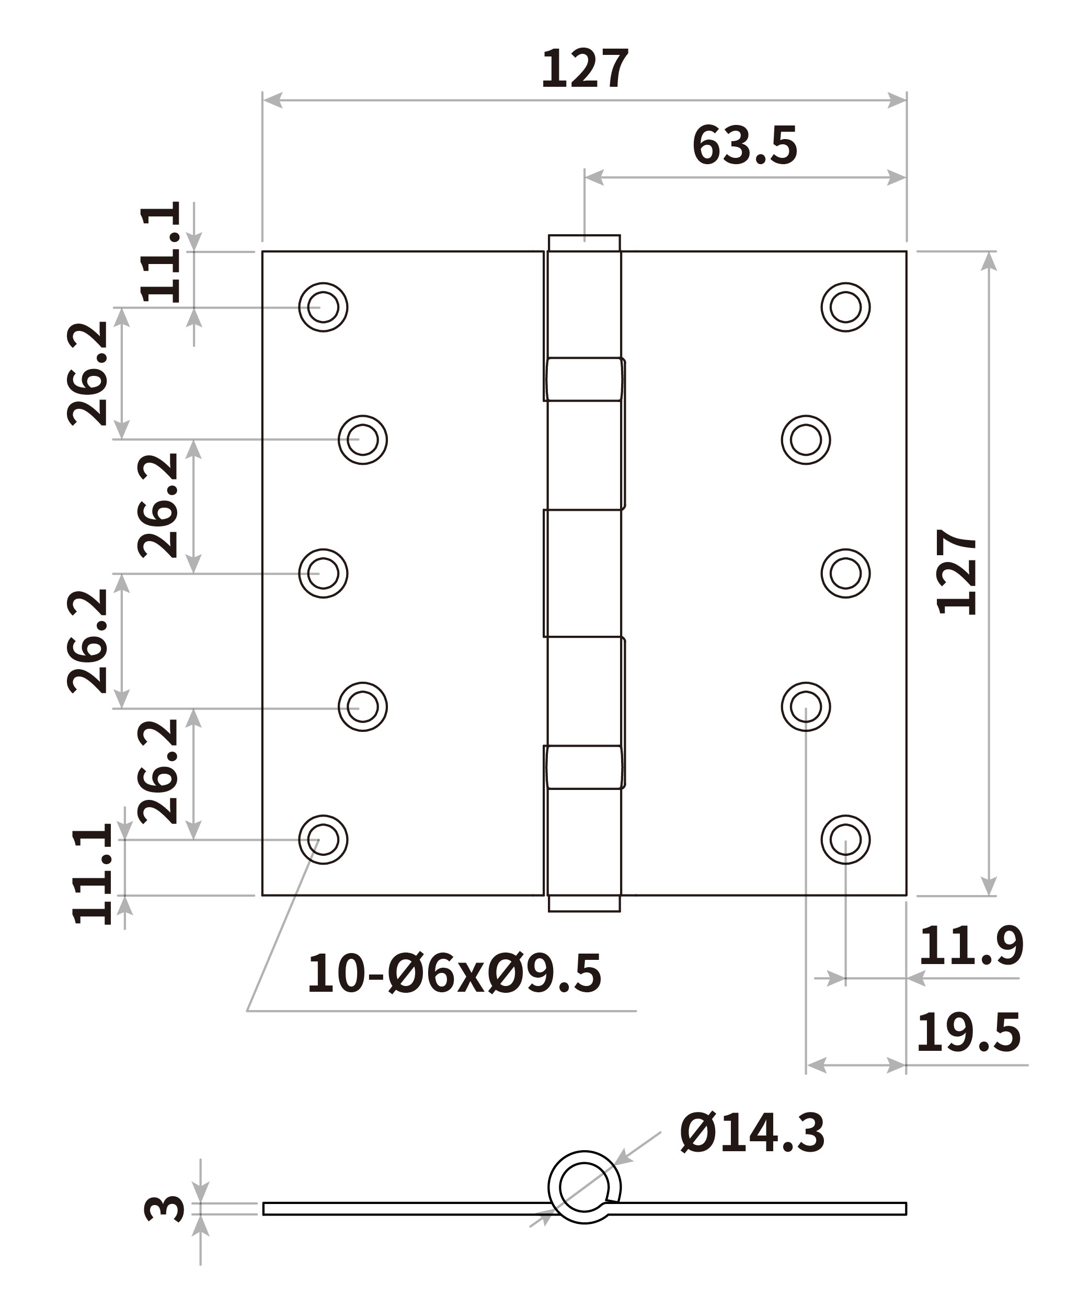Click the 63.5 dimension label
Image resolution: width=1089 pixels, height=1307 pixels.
click(744, 146)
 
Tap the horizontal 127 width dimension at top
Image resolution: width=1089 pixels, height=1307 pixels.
click(585, 68)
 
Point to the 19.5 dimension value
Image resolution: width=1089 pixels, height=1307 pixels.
click(968, 1033)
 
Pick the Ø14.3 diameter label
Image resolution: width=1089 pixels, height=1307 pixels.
click(752, 1133)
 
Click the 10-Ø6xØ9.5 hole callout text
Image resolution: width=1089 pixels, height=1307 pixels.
click(454, 973)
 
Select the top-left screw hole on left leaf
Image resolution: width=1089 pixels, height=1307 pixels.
click(323, 307)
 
